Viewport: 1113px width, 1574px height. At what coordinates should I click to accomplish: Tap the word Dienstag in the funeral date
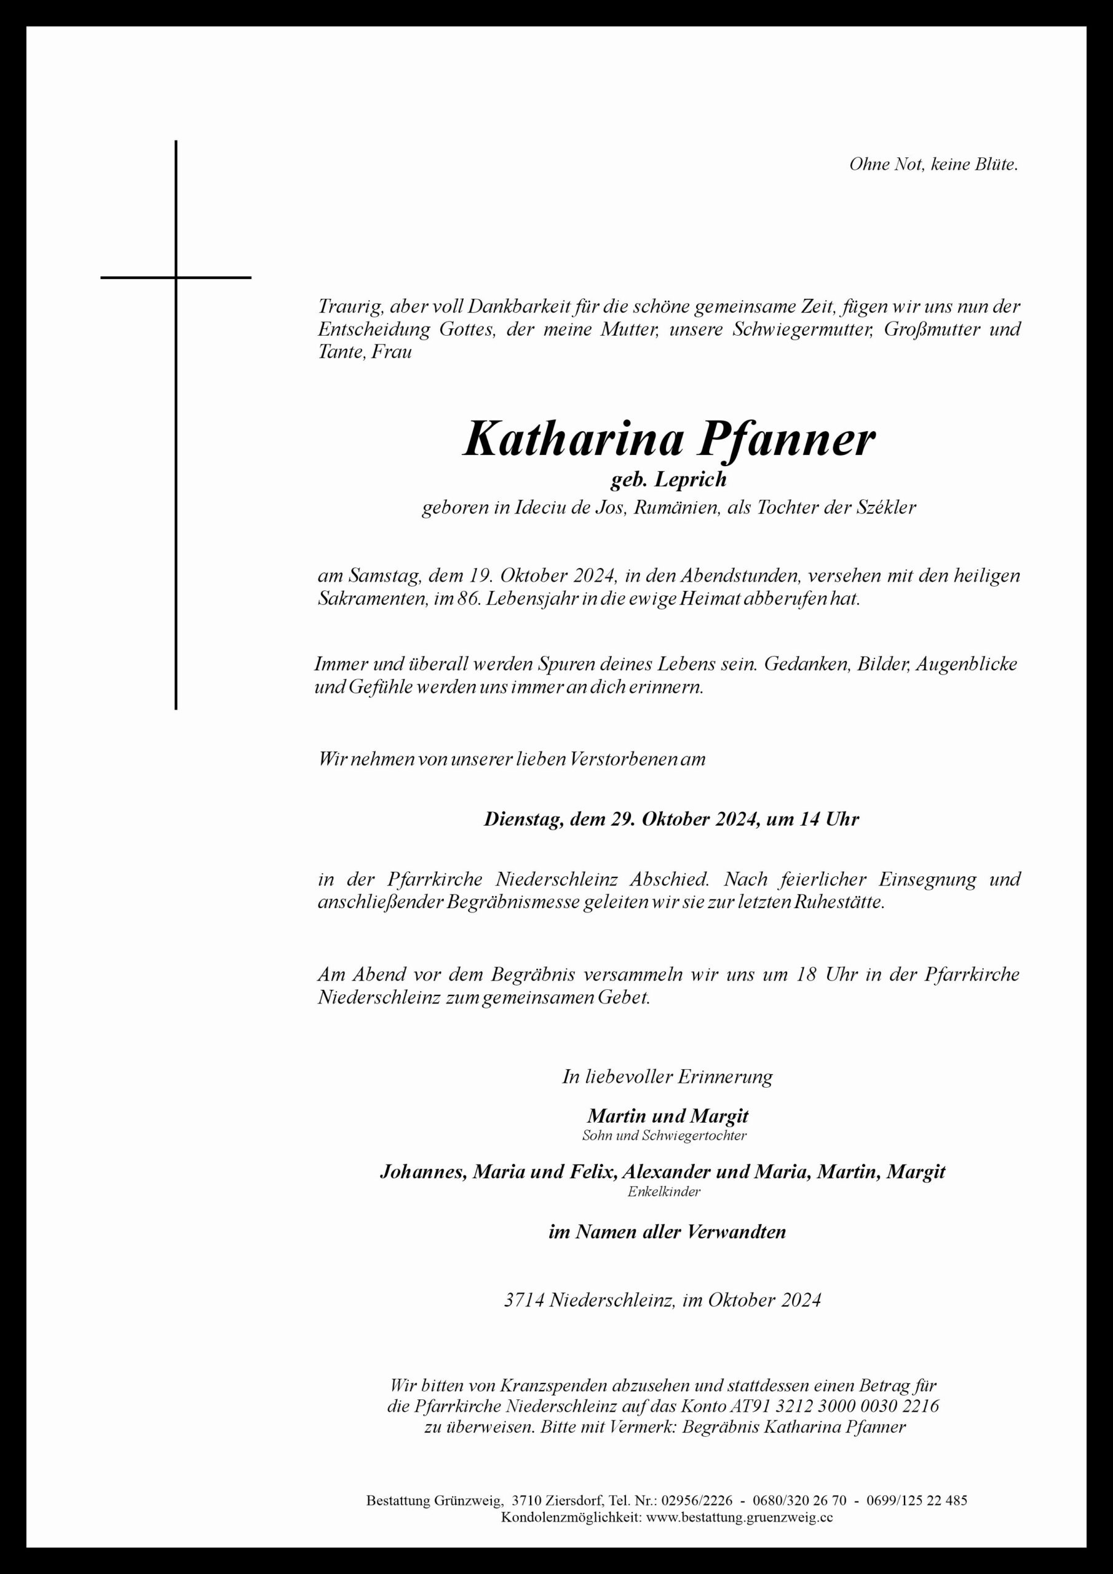tap(523, 818)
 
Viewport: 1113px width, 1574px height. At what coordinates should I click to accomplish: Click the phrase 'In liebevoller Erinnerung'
tap(667, 1077)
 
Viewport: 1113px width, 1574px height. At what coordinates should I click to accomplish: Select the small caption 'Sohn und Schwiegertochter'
tap(664, 1135)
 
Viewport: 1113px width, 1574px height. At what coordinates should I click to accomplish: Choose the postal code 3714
tap(523, 1300)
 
